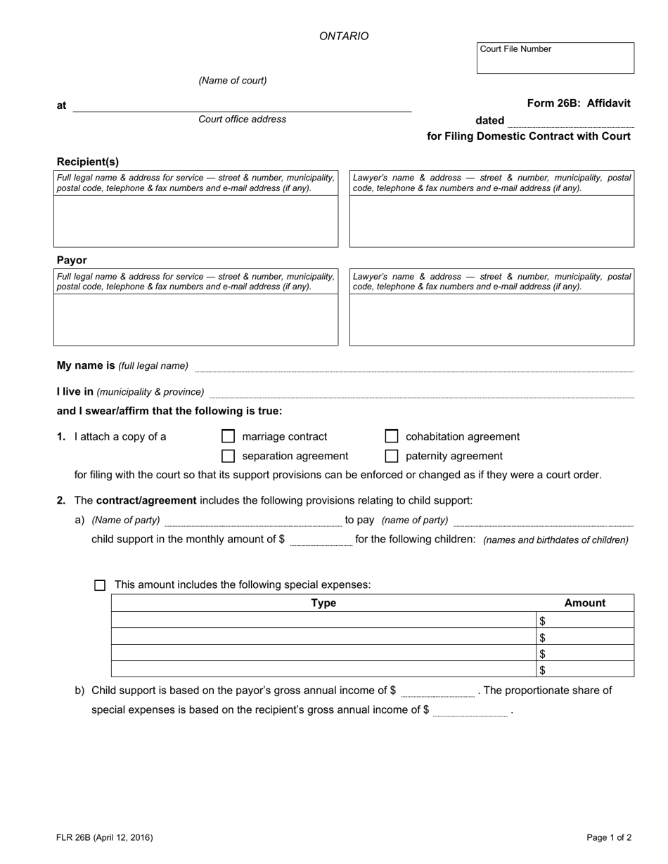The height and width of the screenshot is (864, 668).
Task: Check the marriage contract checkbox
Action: tap(228, 436)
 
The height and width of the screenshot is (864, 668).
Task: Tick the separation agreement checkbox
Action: tap(228, 456)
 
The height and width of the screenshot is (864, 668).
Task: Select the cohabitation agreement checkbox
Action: tap(392, 436)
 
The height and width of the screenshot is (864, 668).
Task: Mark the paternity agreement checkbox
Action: tap(392, 456)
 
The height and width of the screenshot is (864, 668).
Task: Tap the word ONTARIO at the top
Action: tap(344, 36)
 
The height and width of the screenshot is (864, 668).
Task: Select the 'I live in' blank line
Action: tap(421, 393)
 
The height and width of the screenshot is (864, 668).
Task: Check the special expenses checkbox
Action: tap(100, 585)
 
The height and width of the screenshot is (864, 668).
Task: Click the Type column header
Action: tap(323, 603)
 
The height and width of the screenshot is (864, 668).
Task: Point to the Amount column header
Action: tap(584, 603)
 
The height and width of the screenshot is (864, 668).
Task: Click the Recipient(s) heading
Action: tap(88, 162)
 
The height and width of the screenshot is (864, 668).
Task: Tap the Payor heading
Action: tap(72, 260)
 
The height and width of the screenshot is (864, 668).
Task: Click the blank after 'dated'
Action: tap(570, 122)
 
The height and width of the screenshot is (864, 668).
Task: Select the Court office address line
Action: tap(242, 107)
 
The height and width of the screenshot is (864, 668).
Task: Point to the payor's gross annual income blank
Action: tap(437, 692)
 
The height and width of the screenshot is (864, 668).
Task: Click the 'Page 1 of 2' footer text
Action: tap(609, 837)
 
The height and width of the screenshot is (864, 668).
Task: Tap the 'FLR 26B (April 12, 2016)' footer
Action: tap(105, 837)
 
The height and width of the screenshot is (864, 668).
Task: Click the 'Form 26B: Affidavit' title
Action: tap(578, 103)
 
